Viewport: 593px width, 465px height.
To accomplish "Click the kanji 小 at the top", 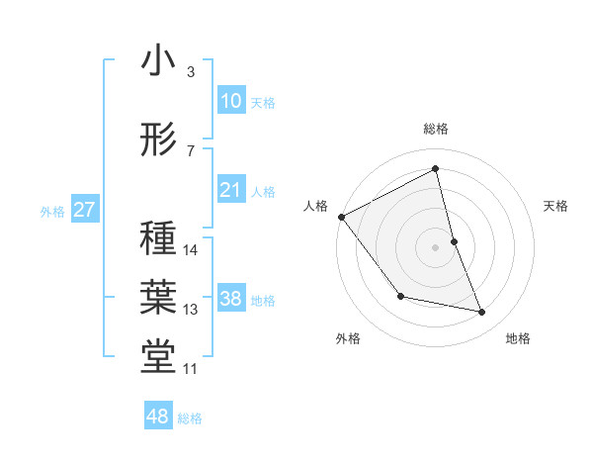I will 159,61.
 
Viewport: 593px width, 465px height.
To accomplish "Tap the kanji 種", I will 159,239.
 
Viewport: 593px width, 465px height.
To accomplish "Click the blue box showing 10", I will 231,101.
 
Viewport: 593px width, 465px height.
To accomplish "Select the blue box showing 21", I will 231,190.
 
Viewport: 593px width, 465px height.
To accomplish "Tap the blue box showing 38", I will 231,299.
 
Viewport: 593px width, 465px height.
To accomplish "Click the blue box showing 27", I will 84,210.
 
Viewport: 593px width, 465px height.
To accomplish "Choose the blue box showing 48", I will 158,417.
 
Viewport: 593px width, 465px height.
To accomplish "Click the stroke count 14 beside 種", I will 192,250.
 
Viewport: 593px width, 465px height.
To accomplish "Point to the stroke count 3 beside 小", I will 190,72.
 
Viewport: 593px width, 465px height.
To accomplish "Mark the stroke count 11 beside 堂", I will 191,369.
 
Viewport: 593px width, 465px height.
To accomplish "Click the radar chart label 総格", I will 436,129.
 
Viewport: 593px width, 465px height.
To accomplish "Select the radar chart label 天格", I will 555,206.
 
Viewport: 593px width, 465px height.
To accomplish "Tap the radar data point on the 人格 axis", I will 341,217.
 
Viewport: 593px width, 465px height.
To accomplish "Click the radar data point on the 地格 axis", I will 482,313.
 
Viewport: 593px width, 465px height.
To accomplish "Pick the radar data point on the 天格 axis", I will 454,241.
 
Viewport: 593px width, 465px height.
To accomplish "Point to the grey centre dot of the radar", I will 436,247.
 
